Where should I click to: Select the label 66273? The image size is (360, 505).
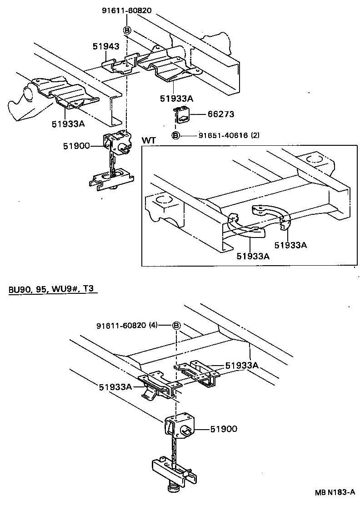[220, 114]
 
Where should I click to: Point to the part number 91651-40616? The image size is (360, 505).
[223, 135]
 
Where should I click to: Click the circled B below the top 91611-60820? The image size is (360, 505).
[127, 30]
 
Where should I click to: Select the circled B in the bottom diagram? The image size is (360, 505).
[176, 326]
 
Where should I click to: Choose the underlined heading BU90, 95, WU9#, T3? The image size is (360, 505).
[53, 290]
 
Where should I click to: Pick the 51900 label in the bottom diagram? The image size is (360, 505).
[223, 429]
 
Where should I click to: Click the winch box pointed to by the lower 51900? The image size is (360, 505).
[179, 427]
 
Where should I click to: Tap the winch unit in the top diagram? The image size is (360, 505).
[118, 143]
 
